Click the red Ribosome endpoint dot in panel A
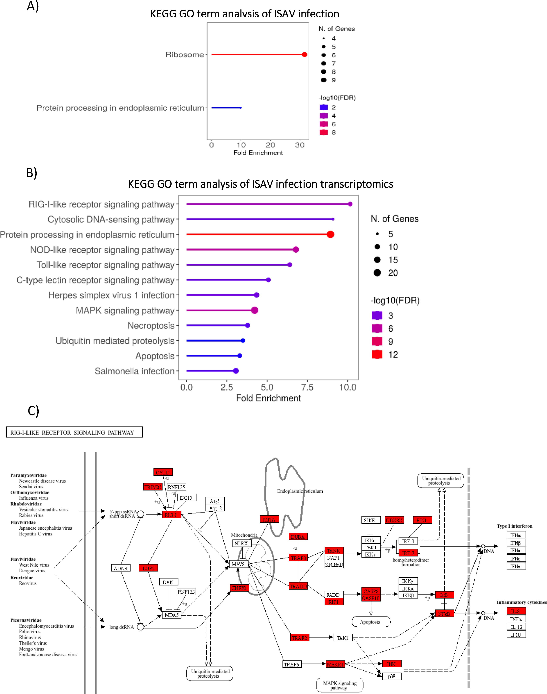coord(305,55)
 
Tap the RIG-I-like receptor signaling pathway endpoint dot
coord(350,204)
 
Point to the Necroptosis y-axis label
coord(151,325)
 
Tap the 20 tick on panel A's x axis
coord(270,145)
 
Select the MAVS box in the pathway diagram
coord(238,564)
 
